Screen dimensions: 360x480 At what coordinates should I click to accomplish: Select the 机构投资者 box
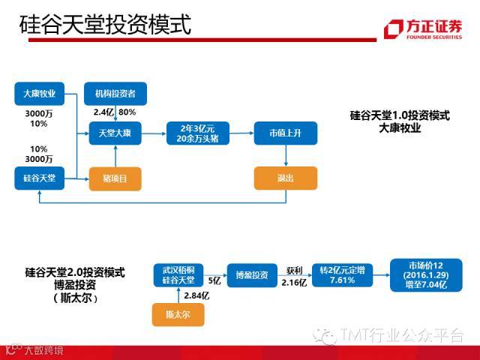(115, 93)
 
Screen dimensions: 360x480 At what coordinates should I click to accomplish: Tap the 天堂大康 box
(115, 134)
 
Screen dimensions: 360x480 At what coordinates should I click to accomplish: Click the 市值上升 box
(285, 133)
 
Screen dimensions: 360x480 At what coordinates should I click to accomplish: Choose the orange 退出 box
(285, 178)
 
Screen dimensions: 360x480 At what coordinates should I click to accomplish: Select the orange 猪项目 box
(115, 178)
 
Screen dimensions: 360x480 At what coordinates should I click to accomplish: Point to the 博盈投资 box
(251, 274)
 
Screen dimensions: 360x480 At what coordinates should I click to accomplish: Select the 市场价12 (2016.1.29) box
(421, 274)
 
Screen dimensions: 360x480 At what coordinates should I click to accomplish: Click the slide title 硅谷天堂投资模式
(105, 25)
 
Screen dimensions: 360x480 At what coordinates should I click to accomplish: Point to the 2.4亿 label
(103, 112)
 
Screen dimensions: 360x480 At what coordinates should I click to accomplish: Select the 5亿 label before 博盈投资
(214, 280)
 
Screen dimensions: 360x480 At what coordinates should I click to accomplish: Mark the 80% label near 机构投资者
(127, 112)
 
